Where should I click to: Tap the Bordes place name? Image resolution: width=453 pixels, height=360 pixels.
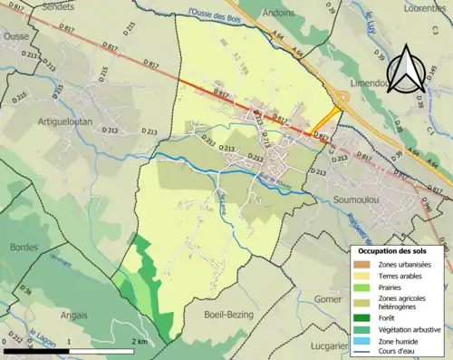[23, 247]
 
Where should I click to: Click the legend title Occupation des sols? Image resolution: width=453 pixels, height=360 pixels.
[396, 250]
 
